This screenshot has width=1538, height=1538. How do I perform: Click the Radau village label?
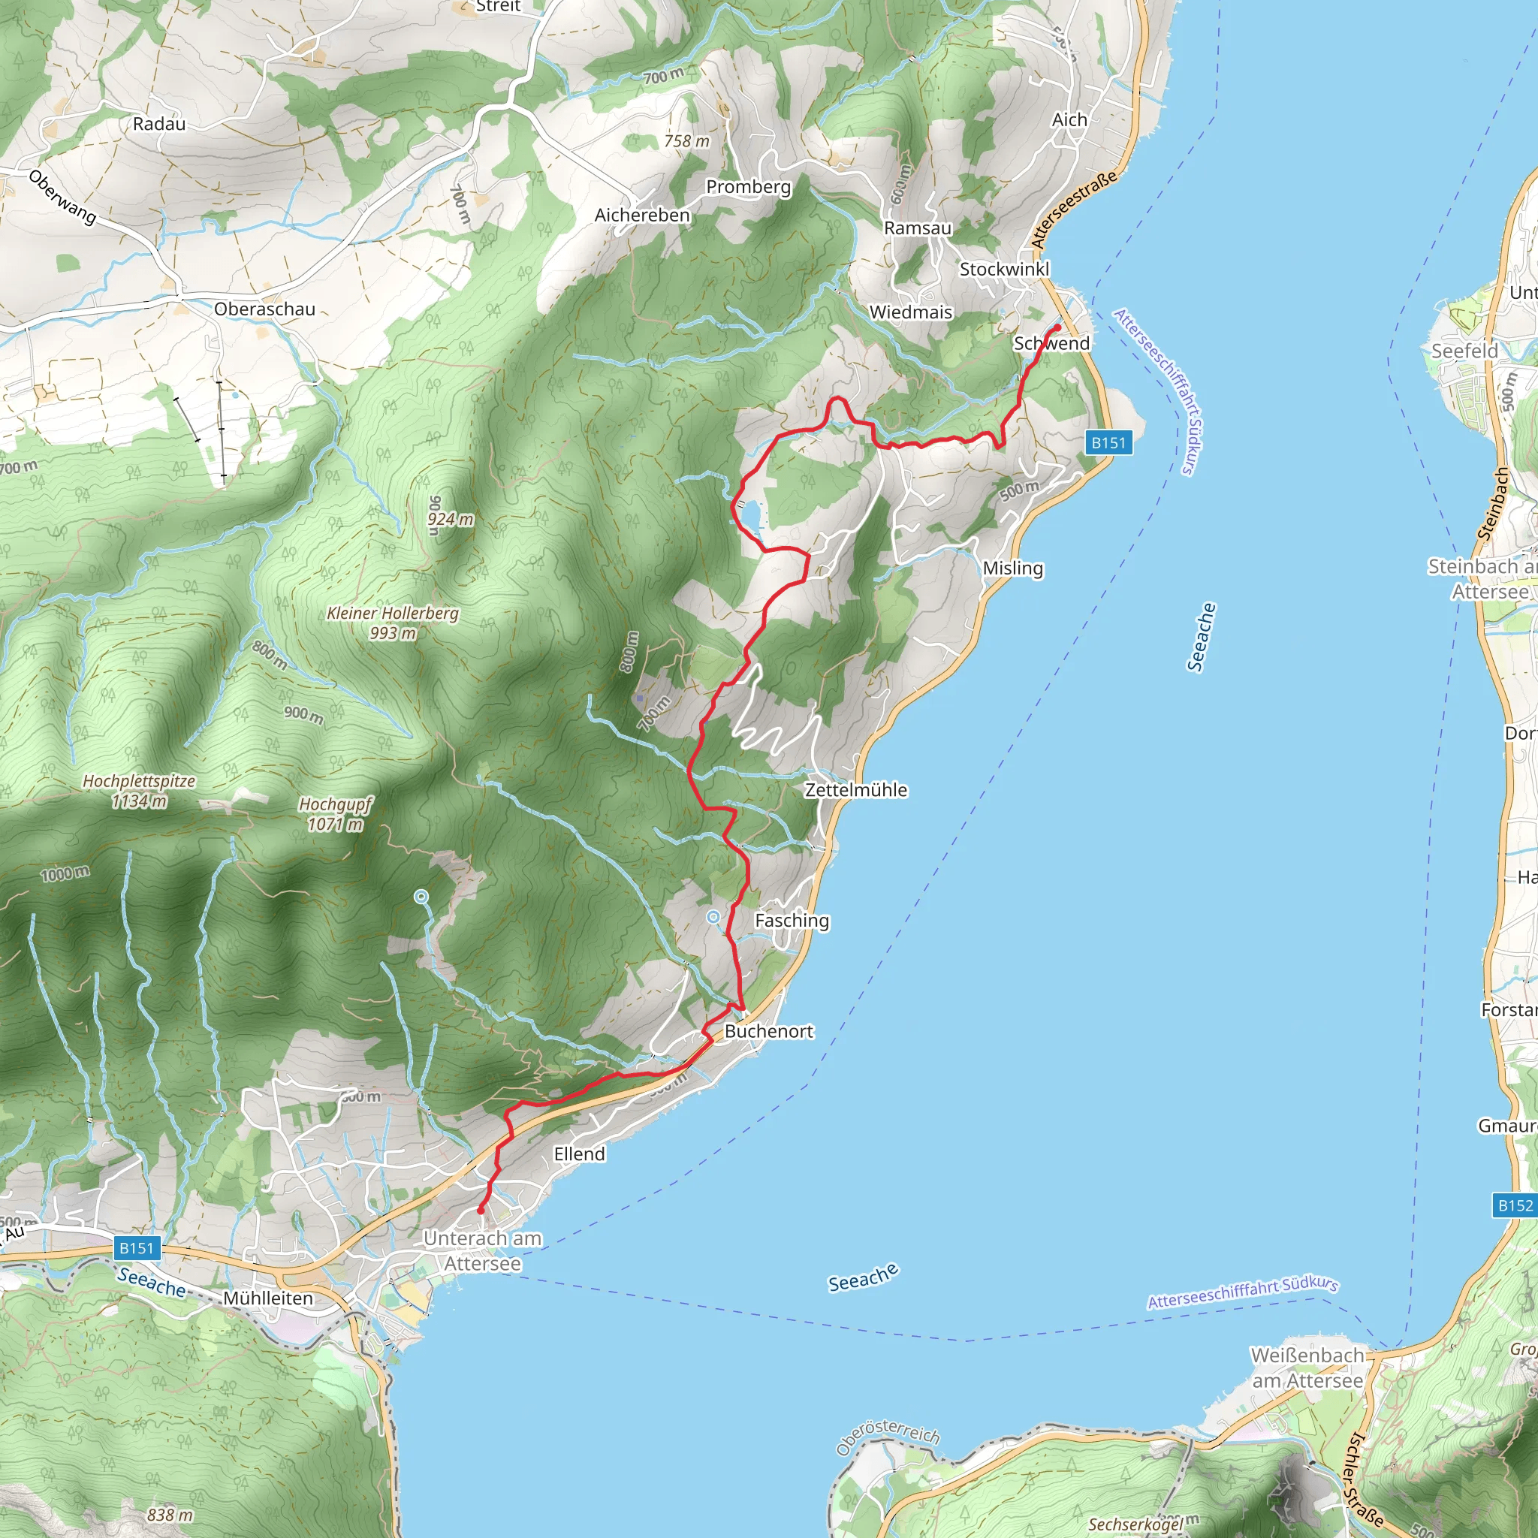pyautogui.click(x=159, y=124)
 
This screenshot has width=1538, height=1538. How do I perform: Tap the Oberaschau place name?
pyautogui.click(x=264, y=309)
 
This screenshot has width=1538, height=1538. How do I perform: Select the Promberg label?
pyautogui.click(x=748, y=187)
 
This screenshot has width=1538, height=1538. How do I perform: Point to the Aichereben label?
pyautogui.click(x=641, y=216)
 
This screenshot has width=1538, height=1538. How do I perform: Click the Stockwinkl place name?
pyautogui.click(x=1004, y=269)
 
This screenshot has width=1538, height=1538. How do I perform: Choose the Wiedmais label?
pyautogui.click(x=911, y=312)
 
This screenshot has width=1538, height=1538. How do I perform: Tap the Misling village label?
pyautogui.click(x=1012, y=568)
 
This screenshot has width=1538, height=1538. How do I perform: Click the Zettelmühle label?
pyautogui.click(x=856, y=790)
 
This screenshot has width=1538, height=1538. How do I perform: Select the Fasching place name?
pyautogui.click(x=792, y=920)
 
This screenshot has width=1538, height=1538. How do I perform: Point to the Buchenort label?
pyautogui.click(x=768, y=1032)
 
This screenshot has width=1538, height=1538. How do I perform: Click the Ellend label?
pyautogui.click(x=580, y=1153)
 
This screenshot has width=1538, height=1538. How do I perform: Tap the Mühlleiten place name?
pyautogui.click(x=267, y=1298)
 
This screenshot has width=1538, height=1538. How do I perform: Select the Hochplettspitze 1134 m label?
pyautogui.click(x=140, y=791)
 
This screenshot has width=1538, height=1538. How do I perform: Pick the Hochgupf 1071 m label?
pyautogui.click(x=335, y=813)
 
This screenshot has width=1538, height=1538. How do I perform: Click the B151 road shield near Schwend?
pyautogui.click(x=1108, y=442)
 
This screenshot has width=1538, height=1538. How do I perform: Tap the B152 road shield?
pyautogui.click(x=1515, y=1205)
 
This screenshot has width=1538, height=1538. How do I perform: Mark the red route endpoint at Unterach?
pyautogui.click(x=481, y=1211)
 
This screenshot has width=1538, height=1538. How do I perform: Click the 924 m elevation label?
pyautogui.click(x=451, y=520)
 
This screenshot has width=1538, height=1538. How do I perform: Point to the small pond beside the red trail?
pyautogui.click(x=752, y=517)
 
